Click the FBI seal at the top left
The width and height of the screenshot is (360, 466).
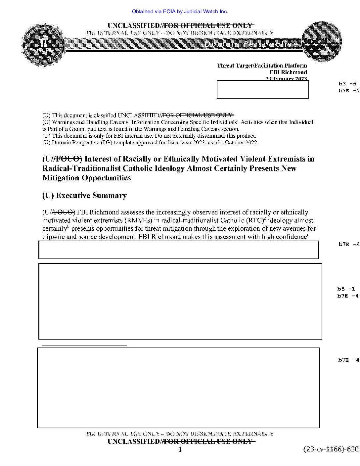[43, 44]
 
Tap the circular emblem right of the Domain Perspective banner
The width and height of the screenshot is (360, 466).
[322, 42]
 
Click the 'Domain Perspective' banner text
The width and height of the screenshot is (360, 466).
[251, 44]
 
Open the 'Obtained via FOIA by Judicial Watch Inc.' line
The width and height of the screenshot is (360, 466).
[180, 12]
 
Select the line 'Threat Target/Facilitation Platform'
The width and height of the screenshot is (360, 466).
[262, 66]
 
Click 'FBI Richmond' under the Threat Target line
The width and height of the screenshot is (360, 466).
[288, 72]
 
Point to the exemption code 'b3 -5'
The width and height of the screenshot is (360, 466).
[347, 84]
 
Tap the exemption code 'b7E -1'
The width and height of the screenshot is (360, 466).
[348, 91]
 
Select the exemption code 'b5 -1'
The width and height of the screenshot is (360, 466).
[346, 289]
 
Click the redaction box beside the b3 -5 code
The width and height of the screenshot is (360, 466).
[263, 89]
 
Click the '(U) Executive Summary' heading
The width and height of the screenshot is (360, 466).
[84, 196]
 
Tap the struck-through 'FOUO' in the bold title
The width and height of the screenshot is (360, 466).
[67, 159]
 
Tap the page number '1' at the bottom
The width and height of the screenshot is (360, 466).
[180, 449]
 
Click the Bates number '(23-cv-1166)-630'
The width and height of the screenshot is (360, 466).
[331, 449]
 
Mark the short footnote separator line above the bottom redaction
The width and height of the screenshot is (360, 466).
[85, 346]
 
